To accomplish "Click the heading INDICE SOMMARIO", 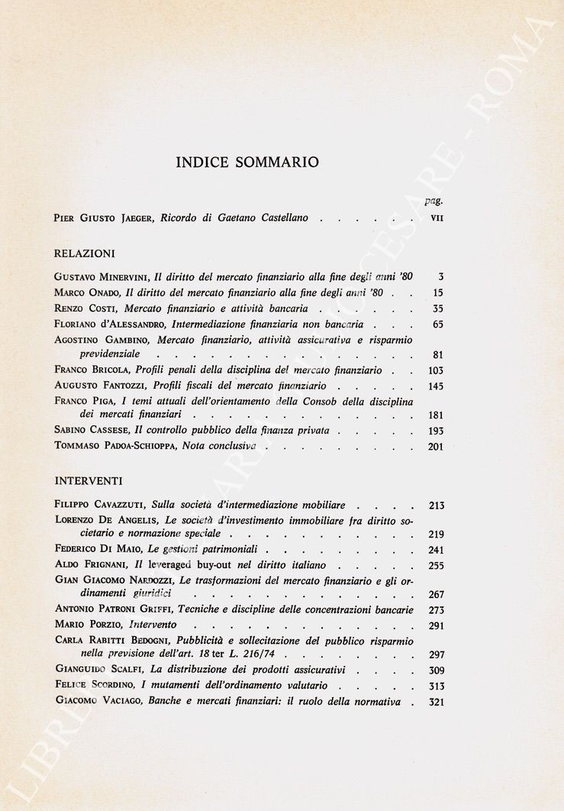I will coord(247,162).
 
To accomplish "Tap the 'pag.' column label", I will coord(434,201).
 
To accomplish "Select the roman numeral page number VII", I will coord(437,218).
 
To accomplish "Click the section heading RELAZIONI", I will coord(85,254).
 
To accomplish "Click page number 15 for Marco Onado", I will coord(437,293).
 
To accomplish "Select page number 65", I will coord(437,325).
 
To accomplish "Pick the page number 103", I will coord(436,371).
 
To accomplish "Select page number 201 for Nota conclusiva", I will coord(436,447).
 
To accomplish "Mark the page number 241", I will coord(436,550).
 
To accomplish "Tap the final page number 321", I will coord(436,703).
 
